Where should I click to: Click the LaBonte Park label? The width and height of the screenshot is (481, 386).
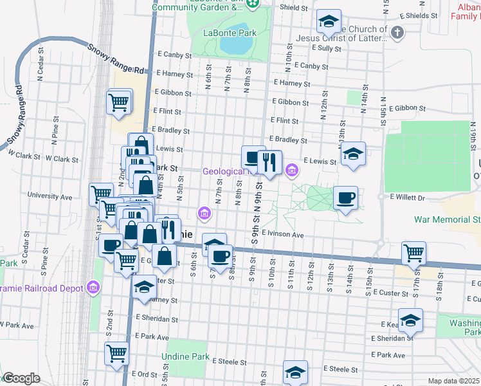coord(230,33)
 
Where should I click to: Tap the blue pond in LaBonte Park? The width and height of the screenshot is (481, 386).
coord(235,46)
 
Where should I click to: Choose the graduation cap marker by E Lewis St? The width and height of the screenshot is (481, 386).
coord(353,154)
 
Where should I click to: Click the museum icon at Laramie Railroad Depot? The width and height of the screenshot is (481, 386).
coord(94,287)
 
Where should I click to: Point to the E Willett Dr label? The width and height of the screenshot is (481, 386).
coord(407,198)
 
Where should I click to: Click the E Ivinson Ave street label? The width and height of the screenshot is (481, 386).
coord(282,235)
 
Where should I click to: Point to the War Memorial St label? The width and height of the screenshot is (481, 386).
coord(447,219)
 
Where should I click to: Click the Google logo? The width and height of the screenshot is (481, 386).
coord(22,379)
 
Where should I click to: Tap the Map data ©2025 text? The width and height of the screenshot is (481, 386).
coord(453,381)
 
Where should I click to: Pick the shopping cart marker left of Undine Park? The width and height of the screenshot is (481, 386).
coord(116,353)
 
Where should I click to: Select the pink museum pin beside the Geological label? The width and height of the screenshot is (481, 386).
coord(292,170)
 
